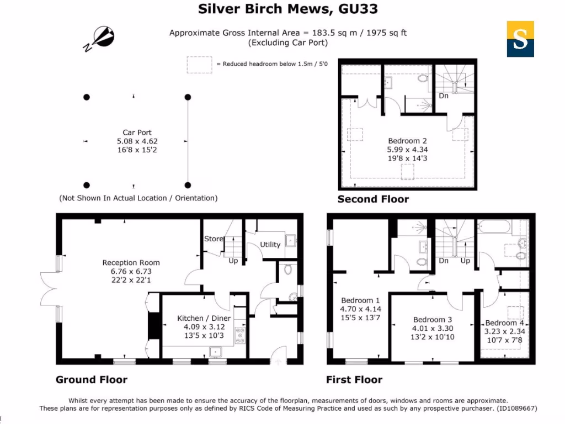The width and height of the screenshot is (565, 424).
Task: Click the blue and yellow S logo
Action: [x=520, y=39]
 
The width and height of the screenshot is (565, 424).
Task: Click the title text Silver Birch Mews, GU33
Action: [x=287, y=9]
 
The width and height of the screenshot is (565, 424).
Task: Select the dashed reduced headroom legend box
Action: [x=199, y=64]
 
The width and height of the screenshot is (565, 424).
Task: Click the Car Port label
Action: [x=137, y=132]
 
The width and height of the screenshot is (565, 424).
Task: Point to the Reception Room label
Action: [x=131, y=263]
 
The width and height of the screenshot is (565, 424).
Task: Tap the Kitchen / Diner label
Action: [x=204, y=318]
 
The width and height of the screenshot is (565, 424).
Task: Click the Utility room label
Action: [x=270, y=245]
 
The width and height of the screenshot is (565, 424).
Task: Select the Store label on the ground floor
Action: [x=214, y=239]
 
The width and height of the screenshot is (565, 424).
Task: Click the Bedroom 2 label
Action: [x=407, y=141]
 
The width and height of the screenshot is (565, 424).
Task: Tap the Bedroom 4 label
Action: [x=504, y=323]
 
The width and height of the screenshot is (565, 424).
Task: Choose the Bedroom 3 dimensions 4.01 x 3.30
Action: [x=433, y=328]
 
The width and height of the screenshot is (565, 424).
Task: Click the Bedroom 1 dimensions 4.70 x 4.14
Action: [x=361, y=309]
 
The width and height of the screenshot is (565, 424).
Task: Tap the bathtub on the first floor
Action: [x=494, y=226]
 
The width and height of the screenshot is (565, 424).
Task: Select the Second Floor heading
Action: [x=373, y=199]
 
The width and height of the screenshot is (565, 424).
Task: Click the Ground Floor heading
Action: [x=92, y=380]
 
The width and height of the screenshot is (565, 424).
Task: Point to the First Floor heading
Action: [x=354, y=380]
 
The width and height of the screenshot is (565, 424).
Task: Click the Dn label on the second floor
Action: [x=443, y=96]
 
